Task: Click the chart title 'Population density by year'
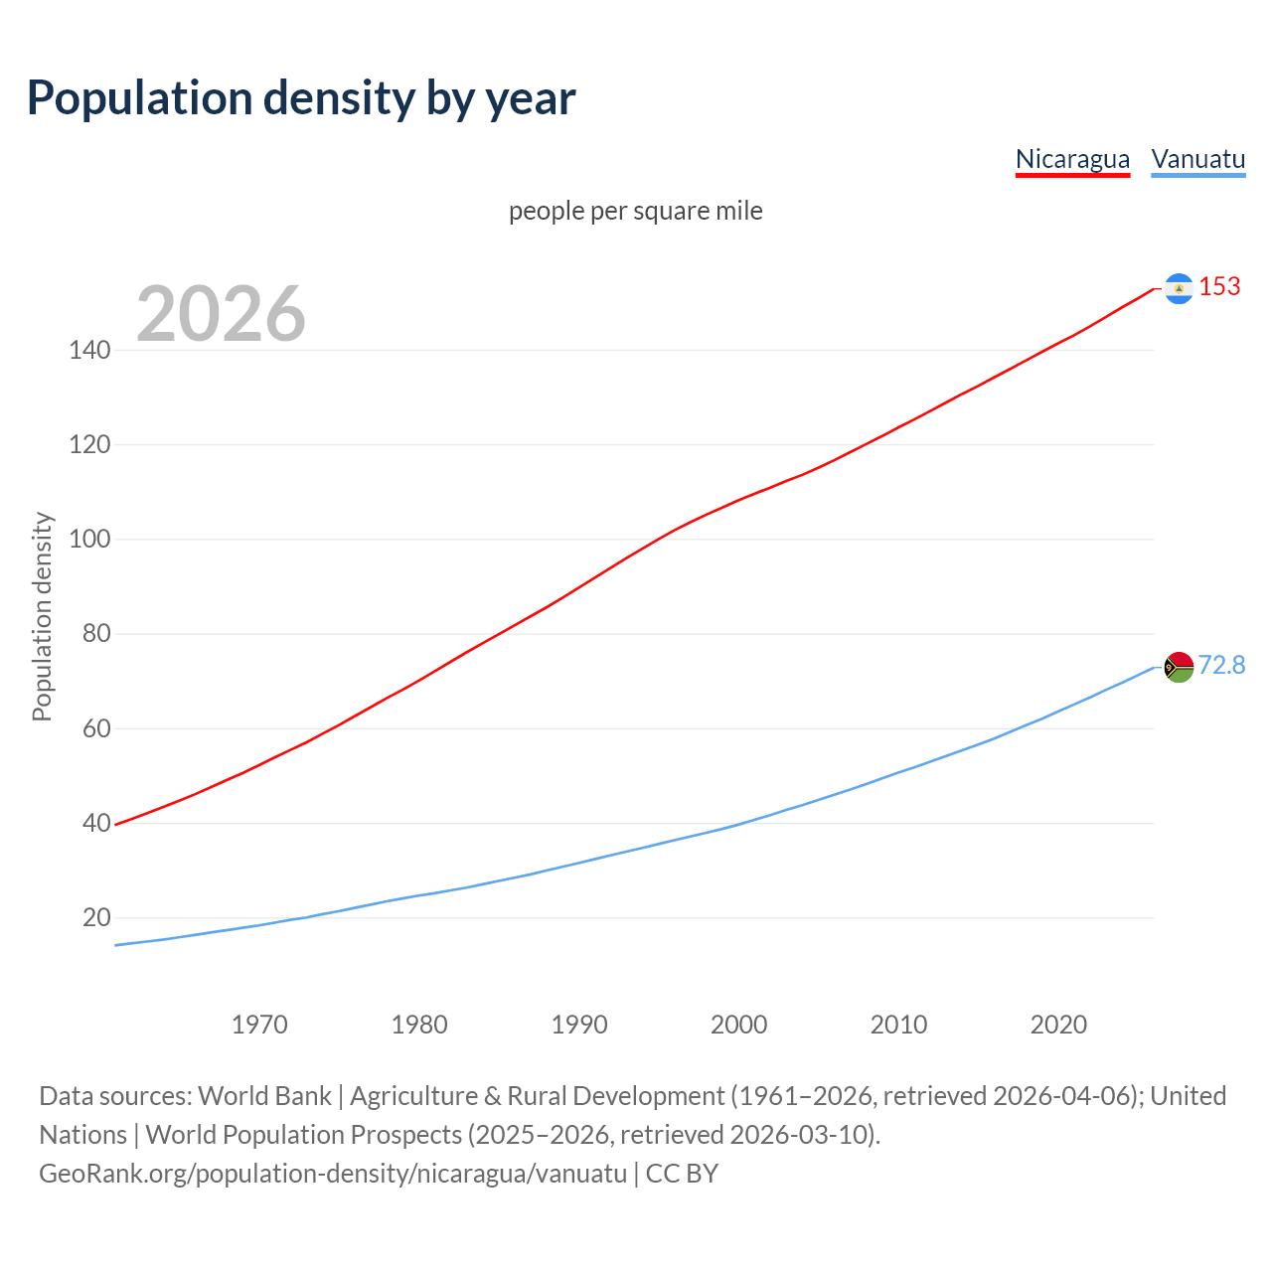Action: point(301,98)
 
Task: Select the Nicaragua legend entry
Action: point(1072,159)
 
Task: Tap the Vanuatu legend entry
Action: point(1197,159)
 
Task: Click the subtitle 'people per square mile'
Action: point(635,211)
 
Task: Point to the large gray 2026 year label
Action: point(221,314)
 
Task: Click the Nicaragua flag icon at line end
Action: point(1179,288)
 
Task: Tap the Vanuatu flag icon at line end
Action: point(1179,666)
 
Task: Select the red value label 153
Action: point(1219,287)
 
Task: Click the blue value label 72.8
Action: point(1221,665)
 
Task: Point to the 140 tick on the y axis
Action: point(89,350)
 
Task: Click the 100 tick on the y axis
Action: point(89,540)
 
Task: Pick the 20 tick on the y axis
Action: point(96,917)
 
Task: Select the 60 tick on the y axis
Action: point(96,728)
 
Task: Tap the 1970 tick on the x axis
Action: point(259,1025)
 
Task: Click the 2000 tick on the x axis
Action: point(738,1025)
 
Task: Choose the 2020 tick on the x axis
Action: point(1058,1025)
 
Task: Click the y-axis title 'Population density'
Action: point(42,616)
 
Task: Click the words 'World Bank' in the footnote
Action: point(264,1096)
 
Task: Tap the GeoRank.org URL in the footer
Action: point(333,1174)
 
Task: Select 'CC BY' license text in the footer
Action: point(682,1174)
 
